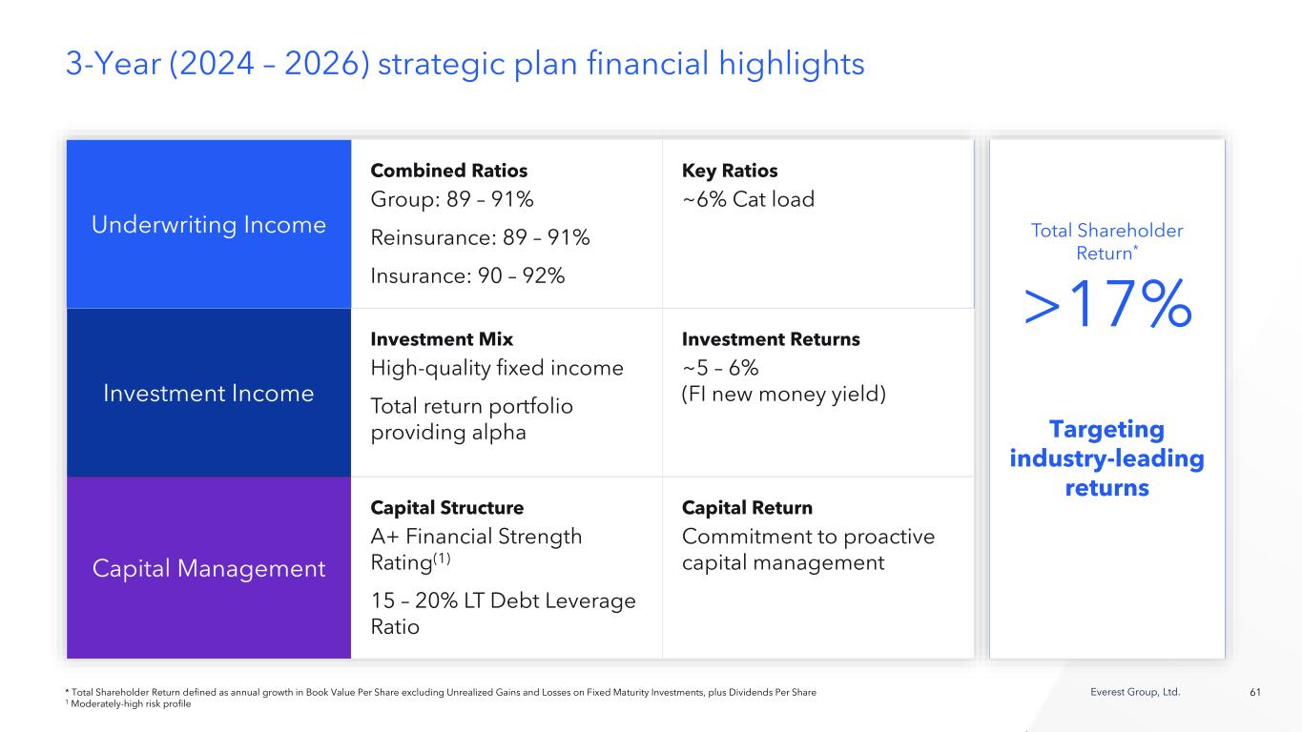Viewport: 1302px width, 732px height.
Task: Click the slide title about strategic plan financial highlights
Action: pos(465,64)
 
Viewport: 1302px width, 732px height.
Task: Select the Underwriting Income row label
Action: pos(209,225)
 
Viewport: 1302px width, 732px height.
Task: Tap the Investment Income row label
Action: pos(209,394)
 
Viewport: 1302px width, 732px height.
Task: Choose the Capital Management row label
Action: pos(209,568)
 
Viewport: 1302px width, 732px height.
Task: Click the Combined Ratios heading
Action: pos(448,171)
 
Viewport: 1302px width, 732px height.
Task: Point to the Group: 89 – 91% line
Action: pos(451,199)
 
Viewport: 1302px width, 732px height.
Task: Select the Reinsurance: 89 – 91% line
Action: pos(480,237)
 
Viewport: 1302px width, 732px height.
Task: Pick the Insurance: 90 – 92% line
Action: pos(467,275)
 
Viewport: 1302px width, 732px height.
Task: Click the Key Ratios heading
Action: pos(730,171)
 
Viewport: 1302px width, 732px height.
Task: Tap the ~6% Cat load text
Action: pos(748,199)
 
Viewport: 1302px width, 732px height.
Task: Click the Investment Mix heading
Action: pos(442,338)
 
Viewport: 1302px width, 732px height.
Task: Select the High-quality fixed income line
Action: pos(497,368)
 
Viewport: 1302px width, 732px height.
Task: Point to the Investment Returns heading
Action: pos(771,338)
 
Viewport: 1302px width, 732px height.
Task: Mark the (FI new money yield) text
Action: pos(783,395)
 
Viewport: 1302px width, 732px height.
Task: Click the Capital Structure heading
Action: pos(447,507)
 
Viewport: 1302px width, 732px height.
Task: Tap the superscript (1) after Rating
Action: pos(442,559)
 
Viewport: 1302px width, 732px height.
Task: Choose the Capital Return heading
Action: pos(747,508)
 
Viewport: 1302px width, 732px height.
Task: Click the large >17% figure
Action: pos(1107,304)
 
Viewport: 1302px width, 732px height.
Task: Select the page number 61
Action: pos(1255,692)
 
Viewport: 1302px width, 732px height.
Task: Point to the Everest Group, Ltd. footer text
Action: pos(1135,692)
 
